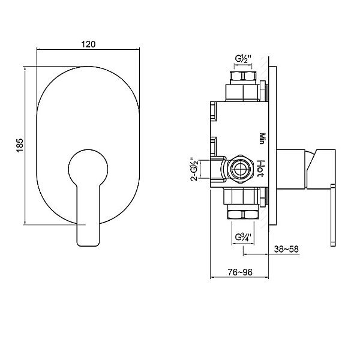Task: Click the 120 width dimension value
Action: point(88,44)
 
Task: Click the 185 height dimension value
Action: point(20,145)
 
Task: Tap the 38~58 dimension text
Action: point(286,249)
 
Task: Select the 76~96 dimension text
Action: point(240,272)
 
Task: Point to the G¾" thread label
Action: point(243,237)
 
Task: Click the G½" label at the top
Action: point(244,59)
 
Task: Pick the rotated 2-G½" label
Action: point(194,169)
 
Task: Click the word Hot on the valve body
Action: point(261,169)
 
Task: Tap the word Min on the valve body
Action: point(261,139)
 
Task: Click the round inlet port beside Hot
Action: point(240,169)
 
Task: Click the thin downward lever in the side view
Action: point(333,216)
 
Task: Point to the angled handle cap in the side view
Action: point(321,169)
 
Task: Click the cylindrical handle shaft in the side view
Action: point(292,169)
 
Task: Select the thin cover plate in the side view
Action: point(272,146)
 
